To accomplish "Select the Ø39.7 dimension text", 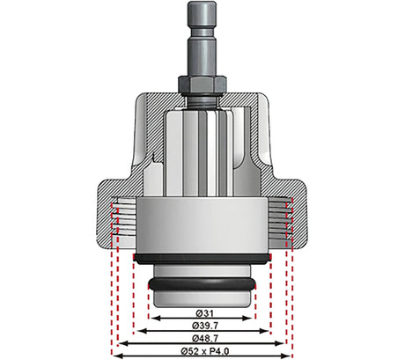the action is click(205, 326).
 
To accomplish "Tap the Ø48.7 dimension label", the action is click(205, 338).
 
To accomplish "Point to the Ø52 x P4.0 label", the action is click(204, 351).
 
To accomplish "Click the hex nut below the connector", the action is click(202, 84).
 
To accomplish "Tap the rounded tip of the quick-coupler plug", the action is click(202, 6).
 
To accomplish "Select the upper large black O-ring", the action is click(202, 259).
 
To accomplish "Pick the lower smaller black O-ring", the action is click(202, 284).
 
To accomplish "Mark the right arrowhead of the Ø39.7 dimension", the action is click(264, 331).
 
